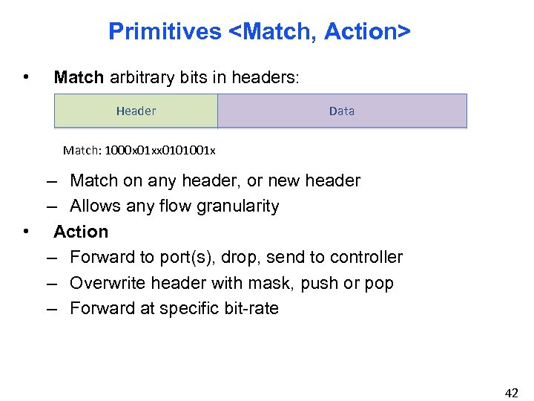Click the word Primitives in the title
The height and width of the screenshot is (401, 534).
point(165,31)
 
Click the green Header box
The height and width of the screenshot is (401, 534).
point(136,111)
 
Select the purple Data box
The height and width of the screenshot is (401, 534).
point(342,111)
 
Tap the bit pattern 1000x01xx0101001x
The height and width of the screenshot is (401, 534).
point(161,151)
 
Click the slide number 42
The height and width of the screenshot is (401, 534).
point(511,393)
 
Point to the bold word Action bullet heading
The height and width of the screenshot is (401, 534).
point(81,232)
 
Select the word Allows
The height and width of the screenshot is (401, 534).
point(94,206)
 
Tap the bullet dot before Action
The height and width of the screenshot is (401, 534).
point(27,232)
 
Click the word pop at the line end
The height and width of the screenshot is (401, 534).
point(380,283)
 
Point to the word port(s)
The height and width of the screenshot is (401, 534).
point(183,257)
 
